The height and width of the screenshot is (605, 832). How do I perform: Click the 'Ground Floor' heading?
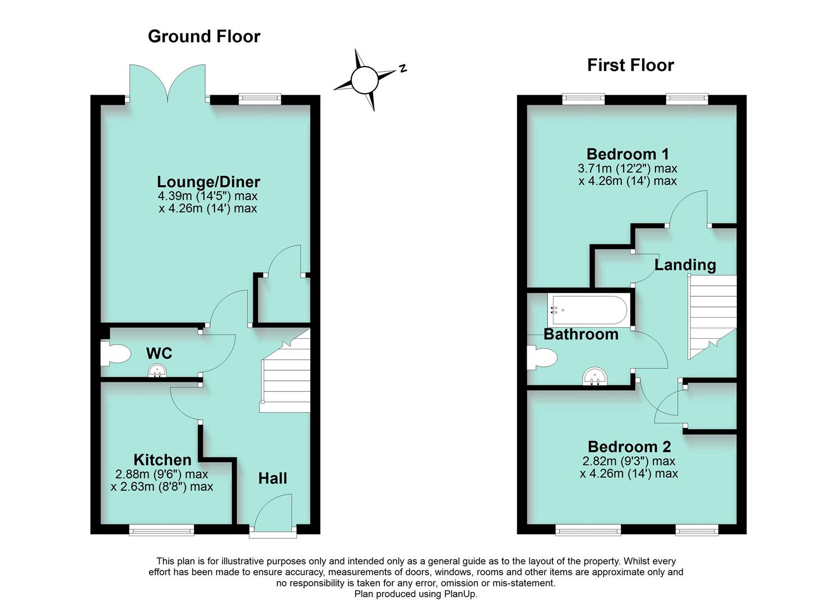pos(204,36)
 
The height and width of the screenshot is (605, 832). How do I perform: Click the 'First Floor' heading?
pos(630,66)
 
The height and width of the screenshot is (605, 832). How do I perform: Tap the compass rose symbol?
pos(365,80)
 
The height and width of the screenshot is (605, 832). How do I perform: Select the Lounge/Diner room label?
pos(208,182)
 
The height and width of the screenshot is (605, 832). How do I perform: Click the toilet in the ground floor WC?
pos(115,354)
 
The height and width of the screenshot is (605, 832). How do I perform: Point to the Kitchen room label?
pos(162,460)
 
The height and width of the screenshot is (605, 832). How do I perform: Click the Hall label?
pos(273,478)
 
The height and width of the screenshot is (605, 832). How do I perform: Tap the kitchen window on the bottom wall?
pos(162,529)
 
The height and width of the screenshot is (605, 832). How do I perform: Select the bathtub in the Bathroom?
pos(589,310)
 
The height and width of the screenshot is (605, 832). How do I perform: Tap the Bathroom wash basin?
pos(594,377)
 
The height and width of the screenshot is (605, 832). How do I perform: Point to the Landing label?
pos(685,265)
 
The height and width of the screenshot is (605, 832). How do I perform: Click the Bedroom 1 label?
pos(628,154)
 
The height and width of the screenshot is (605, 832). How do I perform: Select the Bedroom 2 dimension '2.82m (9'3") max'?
pos(629,461)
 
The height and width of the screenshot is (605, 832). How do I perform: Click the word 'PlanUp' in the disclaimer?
pos(460,594)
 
